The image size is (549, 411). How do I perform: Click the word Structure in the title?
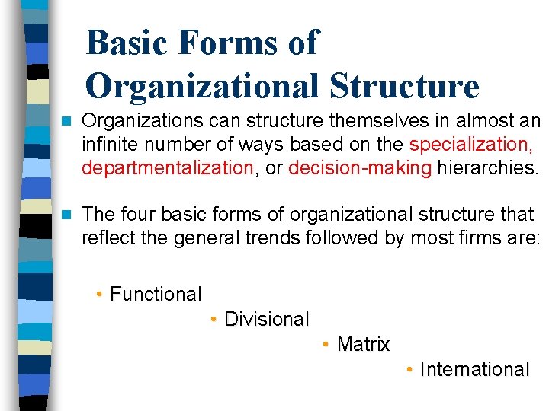[x=404, y=86]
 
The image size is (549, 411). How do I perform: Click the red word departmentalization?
[x=167, y=167]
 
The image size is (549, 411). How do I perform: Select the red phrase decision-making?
[x=360, y=167]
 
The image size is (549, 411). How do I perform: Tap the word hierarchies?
[x=485, y=167]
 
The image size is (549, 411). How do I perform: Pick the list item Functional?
[x=156, y=294]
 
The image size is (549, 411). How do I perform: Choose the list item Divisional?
[x=266, y=319]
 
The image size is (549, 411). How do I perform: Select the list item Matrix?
[x=363, y=344]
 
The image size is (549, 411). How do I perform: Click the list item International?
[x=474, y=369]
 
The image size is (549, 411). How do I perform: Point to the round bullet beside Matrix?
[x=326, y=345]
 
